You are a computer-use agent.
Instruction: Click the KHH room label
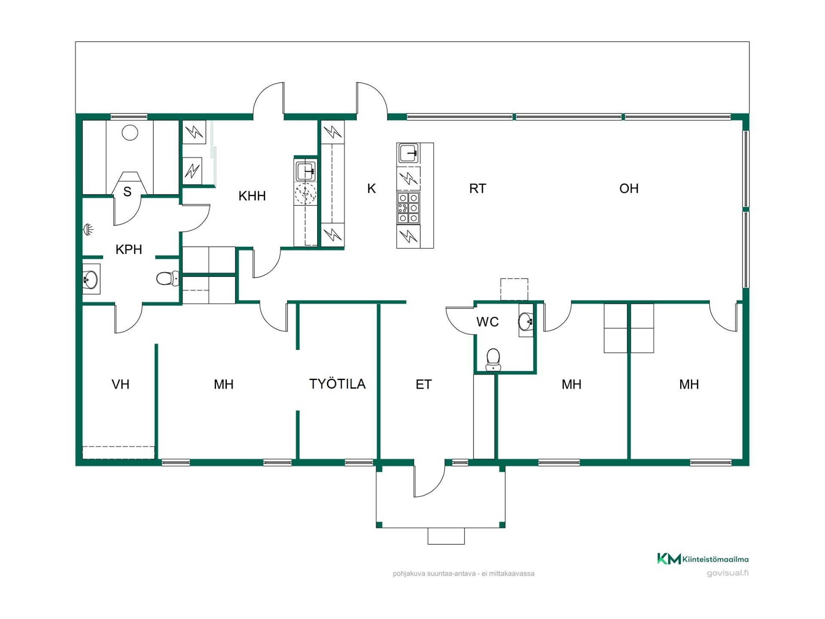(252, 196)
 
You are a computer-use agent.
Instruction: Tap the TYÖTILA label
(337, 384)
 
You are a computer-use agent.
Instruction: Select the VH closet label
(120, 384)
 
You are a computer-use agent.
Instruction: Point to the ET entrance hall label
(424, 384)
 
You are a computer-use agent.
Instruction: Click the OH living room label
(629, 188)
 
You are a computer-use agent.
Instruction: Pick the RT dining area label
(477, 188)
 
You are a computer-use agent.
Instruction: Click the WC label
(488, 322)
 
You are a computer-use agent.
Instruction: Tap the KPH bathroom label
(128, 249)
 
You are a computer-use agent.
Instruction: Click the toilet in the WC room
(493, 359)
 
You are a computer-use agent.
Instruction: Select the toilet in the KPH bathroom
(168, 279)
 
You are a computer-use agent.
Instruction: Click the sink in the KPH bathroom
(91, 279)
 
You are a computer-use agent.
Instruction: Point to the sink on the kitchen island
(409, 153)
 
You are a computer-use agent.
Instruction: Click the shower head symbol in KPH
(88, 230)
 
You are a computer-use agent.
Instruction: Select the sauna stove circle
(130, 133)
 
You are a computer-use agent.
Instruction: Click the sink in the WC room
(526, 321)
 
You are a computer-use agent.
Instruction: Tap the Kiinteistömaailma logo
(703, 559)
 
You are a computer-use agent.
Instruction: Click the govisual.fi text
(727, 573)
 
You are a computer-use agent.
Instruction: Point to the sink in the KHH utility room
(306, 170)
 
